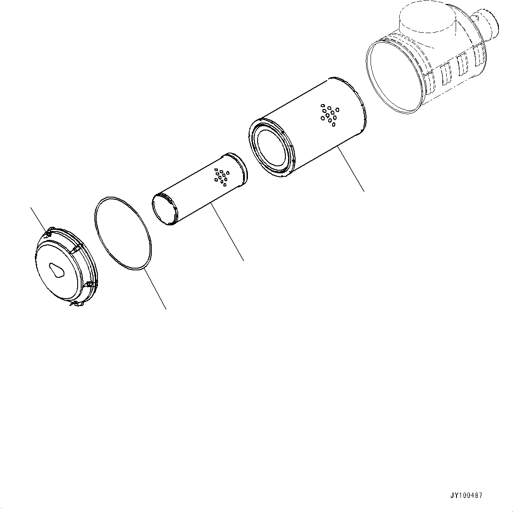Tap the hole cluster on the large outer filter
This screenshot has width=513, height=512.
pos(330,114)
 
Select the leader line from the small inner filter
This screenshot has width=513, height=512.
pos(228,232)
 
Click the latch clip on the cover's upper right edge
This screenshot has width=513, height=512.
pos(79,248)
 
